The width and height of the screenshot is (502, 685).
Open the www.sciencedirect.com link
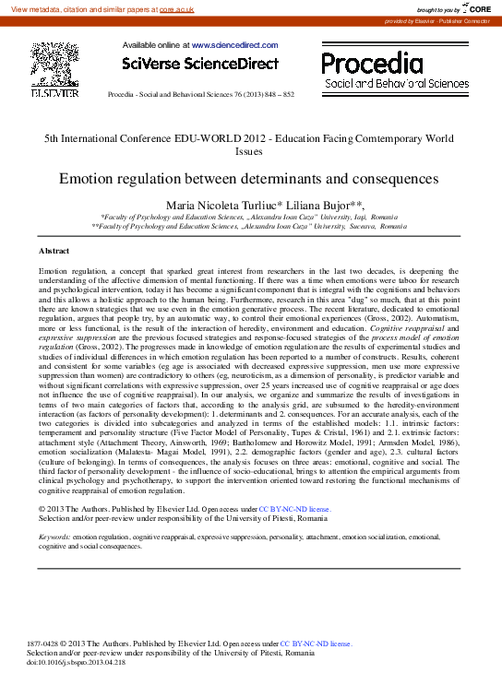(234, 44)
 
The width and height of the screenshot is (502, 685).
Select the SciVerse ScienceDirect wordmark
(200, 64)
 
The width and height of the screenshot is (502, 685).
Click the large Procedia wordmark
(372, 63)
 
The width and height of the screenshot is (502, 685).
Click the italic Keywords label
(54, 536)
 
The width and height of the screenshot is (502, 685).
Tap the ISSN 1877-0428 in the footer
(44, 643)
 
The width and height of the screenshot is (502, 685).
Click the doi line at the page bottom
(76, 663)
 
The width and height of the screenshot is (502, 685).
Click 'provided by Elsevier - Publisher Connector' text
(437, 20)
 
